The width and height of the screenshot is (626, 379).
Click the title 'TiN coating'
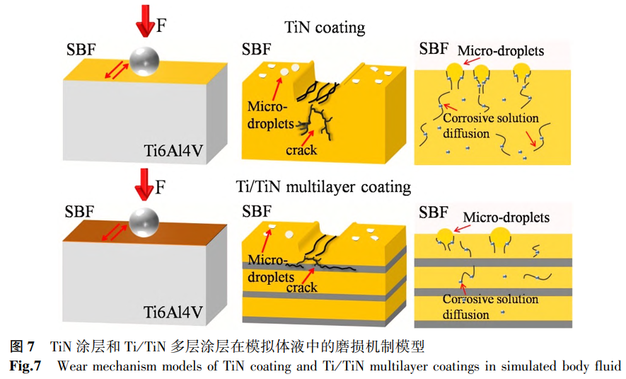325,28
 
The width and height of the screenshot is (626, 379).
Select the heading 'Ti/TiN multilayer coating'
323,187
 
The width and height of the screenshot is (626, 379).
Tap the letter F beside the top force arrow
161,26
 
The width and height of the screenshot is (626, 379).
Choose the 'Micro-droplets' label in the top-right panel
501,51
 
